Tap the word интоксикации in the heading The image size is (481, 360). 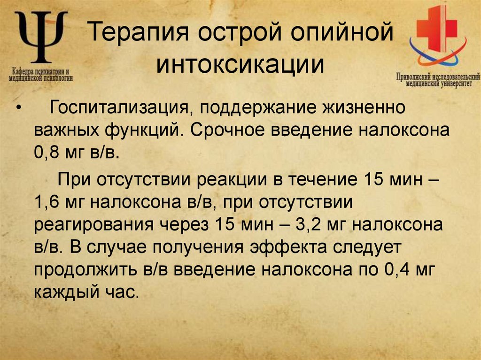click(x=240, y=65)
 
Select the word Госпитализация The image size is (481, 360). click(x=119, y=108)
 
